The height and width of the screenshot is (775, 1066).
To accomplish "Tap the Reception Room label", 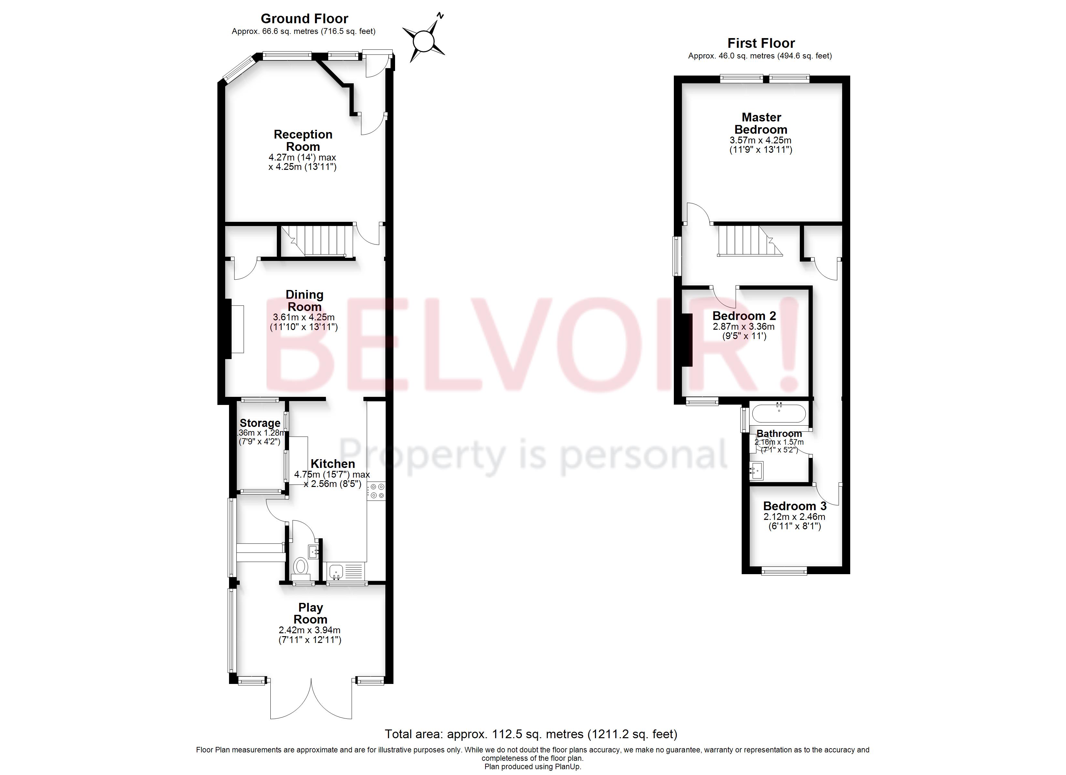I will (303, 140).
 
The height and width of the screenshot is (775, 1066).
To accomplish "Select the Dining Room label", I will (305, 301).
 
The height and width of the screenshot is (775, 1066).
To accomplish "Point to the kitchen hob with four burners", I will (376, 491).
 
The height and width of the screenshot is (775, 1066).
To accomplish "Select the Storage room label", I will (260, 423).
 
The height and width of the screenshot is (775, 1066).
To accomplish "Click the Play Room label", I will (310, 613).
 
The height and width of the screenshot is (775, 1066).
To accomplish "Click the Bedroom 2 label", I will (744, 316).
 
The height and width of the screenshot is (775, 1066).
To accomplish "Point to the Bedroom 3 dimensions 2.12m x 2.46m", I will (794, 517).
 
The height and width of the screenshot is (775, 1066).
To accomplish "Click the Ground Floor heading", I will (304, 19).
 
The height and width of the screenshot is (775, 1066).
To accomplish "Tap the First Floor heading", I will (761, 43).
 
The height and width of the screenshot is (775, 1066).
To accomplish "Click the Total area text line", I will (531, 734).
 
